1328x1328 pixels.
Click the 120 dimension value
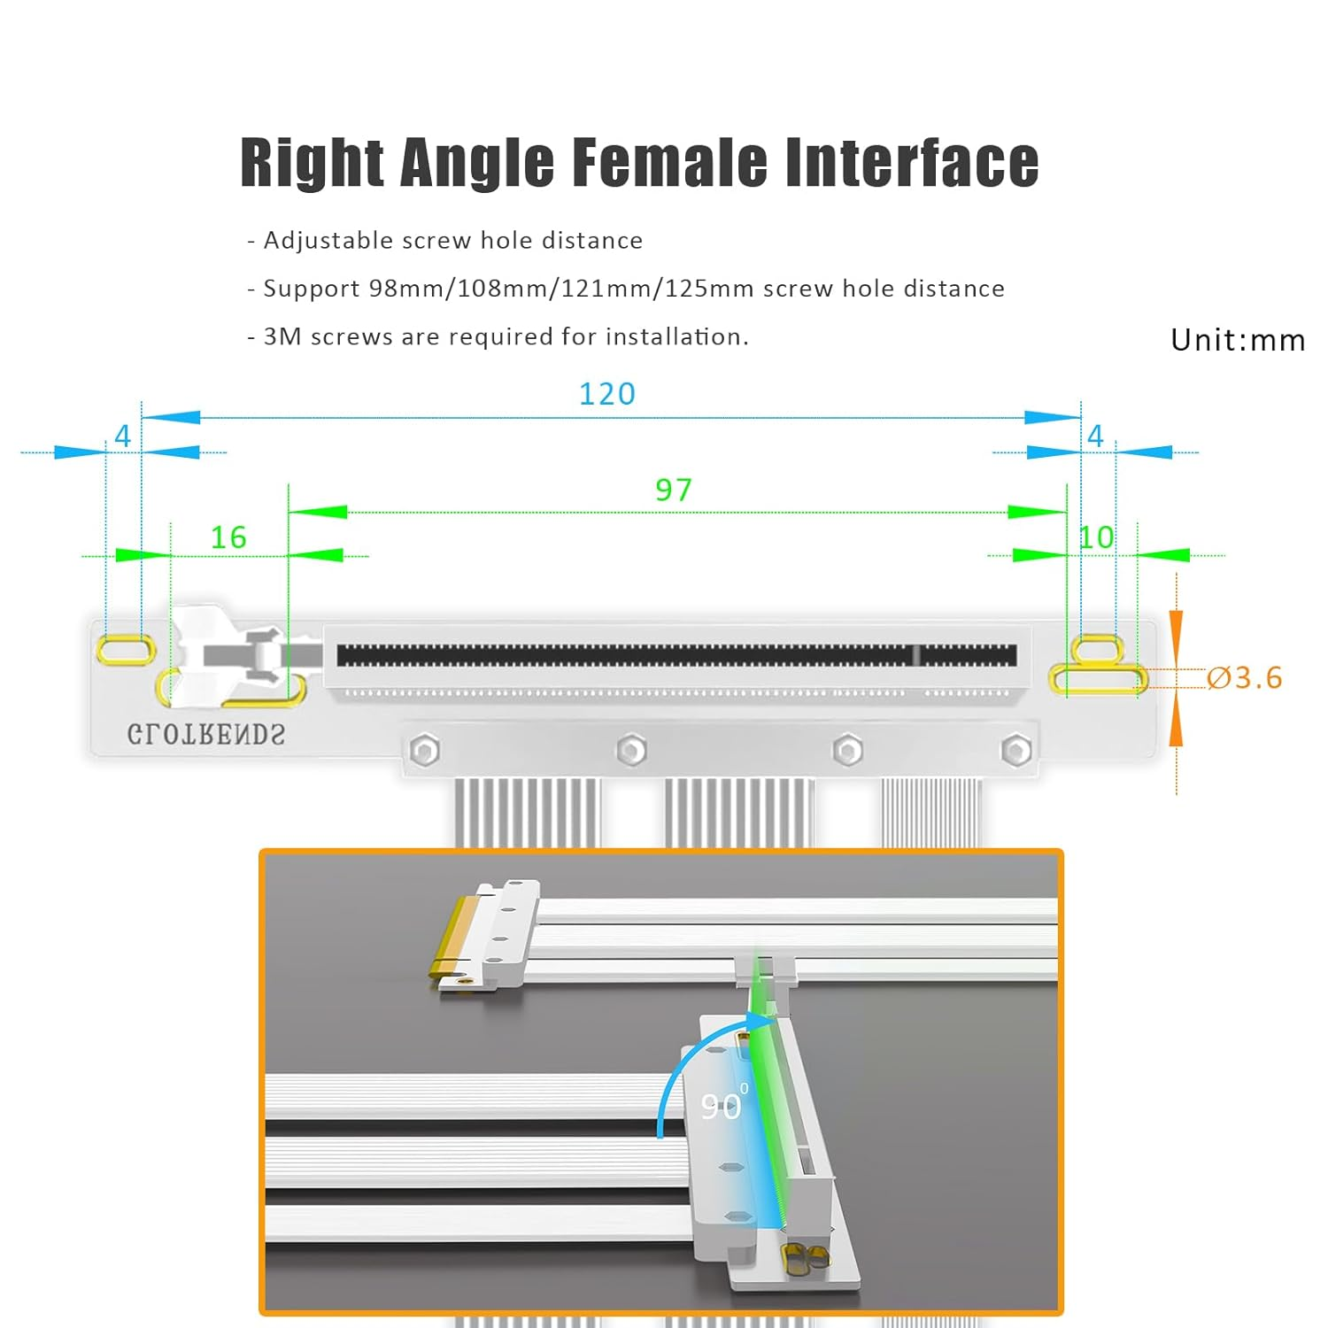[x=607, y=394]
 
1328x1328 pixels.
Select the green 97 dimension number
[x=674, y=490]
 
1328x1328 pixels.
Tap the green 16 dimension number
[x=228, y=537]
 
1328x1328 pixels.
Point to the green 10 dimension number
[x=1097, y=537]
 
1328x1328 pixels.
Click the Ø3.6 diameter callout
[x=1245, y=678]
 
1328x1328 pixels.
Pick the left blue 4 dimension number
[x=122, y=436]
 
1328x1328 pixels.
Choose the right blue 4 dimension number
[x=1095, y=436]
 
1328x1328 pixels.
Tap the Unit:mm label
[x=1238, y=340]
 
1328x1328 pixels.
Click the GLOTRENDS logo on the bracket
[x=206, y=735]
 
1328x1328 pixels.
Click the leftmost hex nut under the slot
[x=425, y=752]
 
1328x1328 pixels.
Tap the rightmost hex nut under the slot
[x=1015, y=751]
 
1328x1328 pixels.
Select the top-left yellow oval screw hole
[x=126, y=649]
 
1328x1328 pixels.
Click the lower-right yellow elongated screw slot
[x=1098, y=679]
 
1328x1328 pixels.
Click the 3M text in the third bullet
[x=283, y=337]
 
